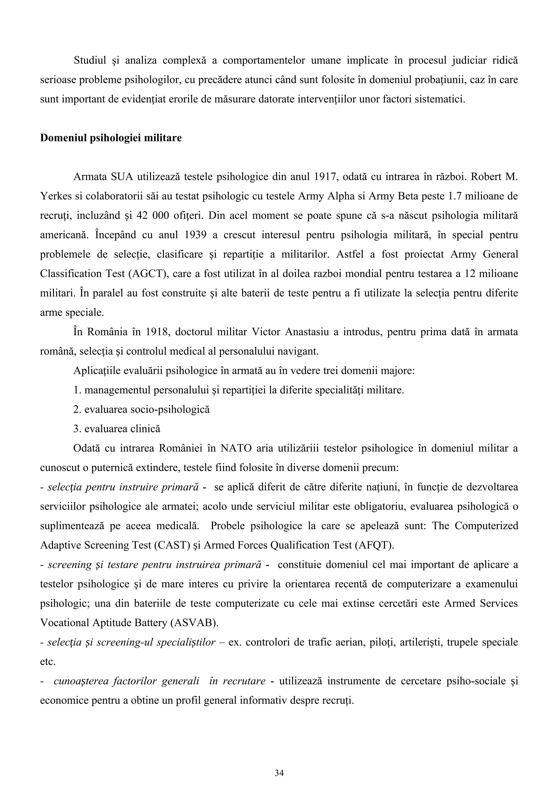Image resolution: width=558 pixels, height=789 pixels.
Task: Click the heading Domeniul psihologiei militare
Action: coord(111,138)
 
